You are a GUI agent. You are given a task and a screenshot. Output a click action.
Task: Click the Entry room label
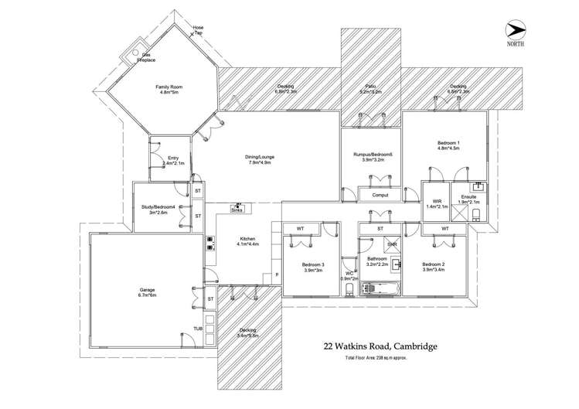pyautogui.click(x=171, y=161)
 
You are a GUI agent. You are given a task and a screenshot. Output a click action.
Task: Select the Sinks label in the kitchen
pyautogui.click(x=237, y=209)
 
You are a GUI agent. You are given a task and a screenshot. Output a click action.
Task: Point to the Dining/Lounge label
pyautogui.click(x=261, y=159)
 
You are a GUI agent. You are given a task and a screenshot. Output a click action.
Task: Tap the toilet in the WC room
pyautogui.click(x=349, y=288)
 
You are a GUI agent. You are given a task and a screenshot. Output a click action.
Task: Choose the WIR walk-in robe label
pyautogui.click(x=432, y=205)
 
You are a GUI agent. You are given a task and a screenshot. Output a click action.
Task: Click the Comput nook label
pyautogui.click(x=379, y=196)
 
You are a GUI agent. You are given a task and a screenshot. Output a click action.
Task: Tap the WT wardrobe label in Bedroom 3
pyautogui.click(x=300, y=229)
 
